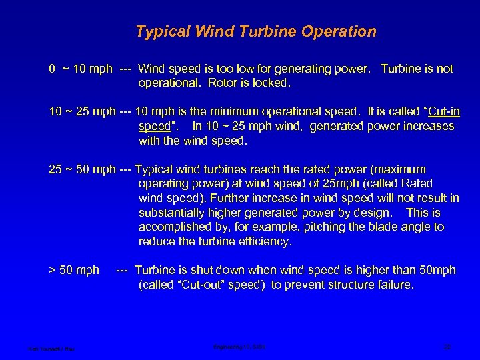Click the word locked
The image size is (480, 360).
pyautogui.click(x=269, y=83)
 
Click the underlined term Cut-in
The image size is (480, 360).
pyautogui.click(x=433, y=111)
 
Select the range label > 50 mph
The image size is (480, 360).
pyautogui.click(x=73, y=270)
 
